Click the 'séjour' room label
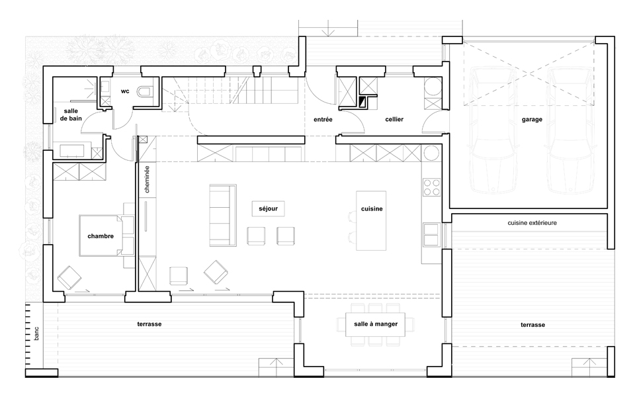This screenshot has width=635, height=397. point(268,208)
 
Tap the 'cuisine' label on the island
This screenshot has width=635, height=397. point(372,209)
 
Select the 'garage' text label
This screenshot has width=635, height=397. point(532,120)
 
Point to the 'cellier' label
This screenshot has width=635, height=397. point(394,120)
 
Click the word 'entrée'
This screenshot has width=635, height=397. point(323,120)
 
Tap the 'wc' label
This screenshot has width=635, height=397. point(125,91)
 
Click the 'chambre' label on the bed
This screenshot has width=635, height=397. point(101,236)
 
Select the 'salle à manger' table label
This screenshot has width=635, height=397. point(376,324)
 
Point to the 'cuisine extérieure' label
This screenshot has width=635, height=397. point(532,223)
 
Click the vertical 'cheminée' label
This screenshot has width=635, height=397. point(147,179)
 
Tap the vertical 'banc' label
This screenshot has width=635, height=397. point(36,333)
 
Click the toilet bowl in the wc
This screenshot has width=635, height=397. point(144,91)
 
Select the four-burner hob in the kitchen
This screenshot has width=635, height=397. point(432,187)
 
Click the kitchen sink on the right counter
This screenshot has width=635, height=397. point(432,235)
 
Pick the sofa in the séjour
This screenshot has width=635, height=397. point(223,216)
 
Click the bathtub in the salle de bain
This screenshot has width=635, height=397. point(72,150)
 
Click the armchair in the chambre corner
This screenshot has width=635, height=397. point(69,277)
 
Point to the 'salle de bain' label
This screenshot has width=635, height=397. point(71,114)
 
